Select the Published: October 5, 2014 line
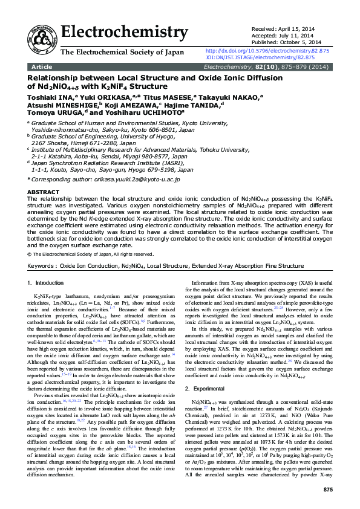(286, 42)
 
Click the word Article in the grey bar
(42, 66)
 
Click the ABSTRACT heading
(44, 192)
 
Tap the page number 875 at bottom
(328, 488)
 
